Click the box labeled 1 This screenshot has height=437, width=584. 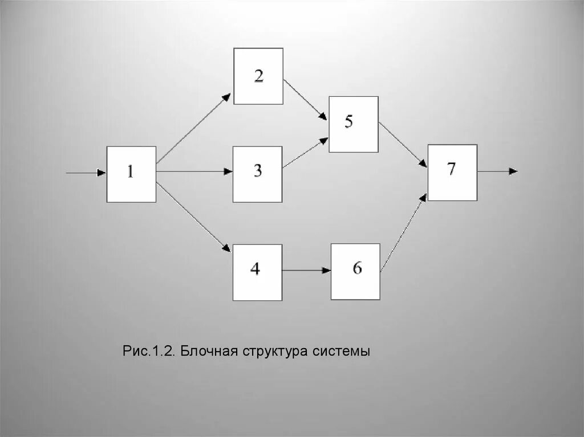click(131, 174)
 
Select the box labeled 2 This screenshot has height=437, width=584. click(258, 76)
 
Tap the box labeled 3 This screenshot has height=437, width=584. click(257, 174)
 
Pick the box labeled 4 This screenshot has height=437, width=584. click(257, 272)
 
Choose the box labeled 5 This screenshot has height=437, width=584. click(353, 124)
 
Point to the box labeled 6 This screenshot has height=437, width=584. click(355, 271)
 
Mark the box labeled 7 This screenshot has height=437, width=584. click(452, 172)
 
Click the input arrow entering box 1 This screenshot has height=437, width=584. click(86, 172)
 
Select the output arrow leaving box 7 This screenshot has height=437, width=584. click(497, 171)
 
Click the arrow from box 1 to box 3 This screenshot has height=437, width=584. click(194, 171)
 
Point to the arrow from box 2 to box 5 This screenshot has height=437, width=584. click(305, 100)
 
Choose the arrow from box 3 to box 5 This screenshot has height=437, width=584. click(305, 153)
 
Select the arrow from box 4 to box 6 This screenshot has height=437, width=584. click(306, 271)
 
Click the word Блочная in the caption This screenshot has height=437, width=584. click(208, 351)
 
